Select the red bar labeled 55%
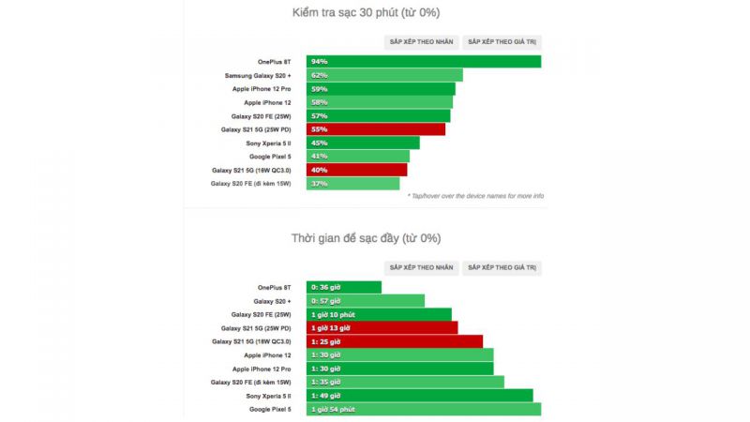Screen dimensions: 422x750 click(376, 129)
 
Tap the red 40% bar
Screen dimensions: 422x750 click(357, 170)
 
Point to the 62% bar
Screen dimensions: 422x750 click(384, 75)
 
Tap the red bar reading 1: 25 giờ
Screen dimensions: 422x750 click(395, 342)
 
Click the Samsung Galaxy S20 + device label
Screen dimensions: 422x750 click(258, 75)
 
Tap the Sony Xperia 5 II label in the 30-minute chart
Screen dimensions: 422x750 click(268, 143)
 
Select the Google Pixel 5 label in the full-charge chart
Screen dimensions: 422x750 click(270, 410)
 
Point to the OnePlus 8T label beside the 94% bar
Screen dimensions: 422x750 click(274, 62)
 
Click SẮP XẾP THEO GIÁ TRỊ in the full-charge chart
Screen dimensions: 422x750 click(502, 267)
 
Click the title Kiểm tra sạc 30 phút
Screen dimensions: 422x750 click(367, 13)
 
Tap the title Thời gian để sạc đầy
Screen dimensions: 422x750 click(366, 238)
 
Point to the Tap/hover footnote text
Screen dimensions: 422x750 click(475, 196)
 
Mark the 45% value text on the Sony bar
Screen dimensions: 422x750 click(319, 143)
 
